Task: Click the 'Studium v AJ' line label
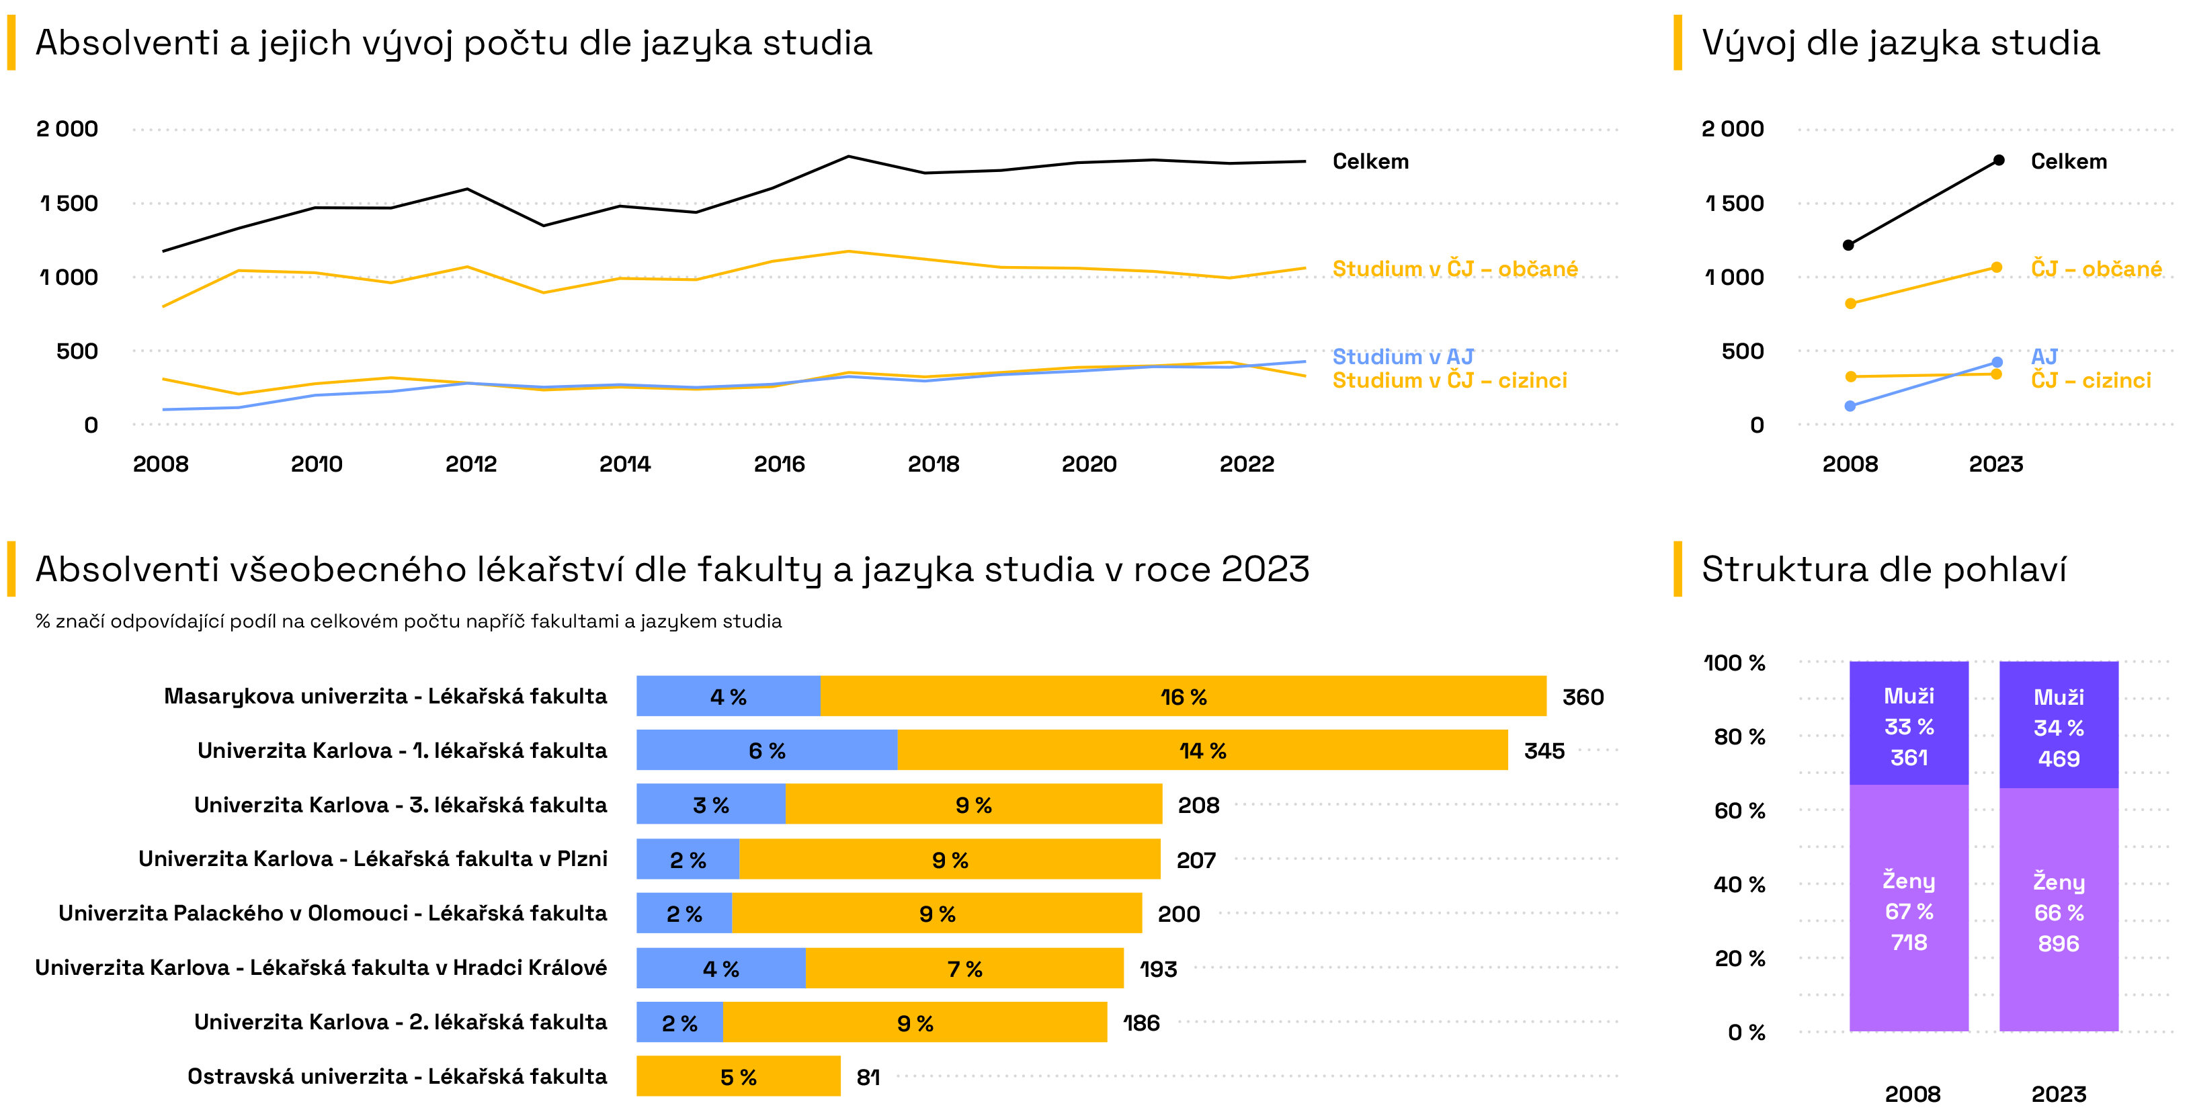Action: (1402, 356)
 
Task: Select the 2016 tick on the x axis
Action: (778, 464)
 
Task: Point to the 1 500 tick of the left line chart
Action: (69, 203)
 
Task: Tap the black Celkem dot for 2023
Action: (1999, 160)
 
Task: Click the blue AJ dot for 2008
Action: (1850, 406)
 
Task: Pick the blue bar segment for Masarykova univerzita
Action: (728, 696)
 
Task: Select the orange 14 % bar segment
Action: (1202, 750)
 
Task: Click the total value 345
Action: (1544, 750)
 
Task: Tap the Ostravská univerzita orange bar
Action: (737, 1076)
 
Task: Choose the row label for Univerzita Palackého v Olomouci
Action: (333, 913)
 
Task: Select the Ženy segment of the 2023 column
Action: (2059, 910)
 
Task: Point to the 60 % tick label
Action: (1739, 810)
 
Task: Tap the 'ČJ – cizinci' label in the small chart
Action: (2091, 380)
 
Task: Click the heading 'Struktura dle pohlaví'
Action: (1883, 569)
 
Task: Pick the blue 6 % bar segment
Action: (766, 750)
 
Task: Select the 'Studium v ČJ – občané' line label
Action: (1454, 269)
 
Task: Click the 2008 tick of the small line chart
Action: (1850, 464)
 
